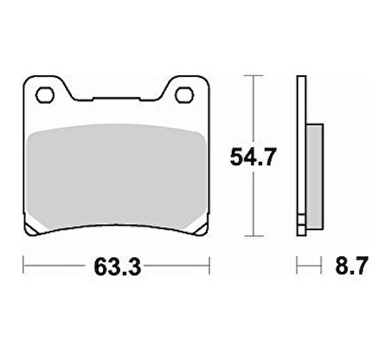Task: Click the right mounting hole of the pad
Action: point(184,94)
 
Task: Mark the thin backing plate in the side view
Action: point(301,156)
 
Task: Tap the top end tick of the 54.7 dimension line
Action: point(252,77)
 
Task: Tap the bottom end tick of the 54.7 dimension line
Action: point(252,235)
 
